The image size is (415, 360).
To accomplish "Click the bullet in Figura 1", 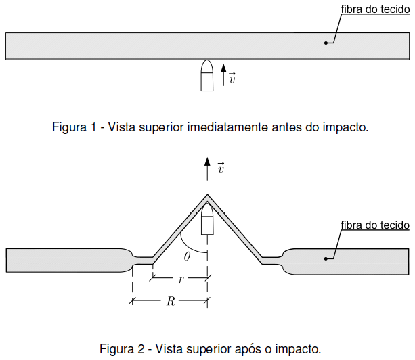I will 207,75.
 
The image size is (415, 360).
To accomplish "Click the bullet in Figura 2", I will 208,219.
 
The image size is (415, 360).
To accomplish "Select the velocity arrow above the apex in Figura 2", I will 208,168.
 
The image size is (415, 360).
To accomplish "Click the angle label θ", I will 188,256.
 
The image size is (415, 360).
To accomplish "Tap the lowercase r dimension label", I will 180,278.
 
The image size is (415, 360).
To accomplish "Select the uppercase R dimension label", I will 171,302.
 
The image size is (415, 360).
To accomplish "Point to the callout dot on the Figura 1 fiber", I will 326,43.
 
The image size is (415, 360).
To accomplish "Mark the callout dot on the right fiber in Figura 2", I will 326,257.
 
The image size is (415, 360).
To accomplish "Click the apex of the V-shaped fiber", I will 208,197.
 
